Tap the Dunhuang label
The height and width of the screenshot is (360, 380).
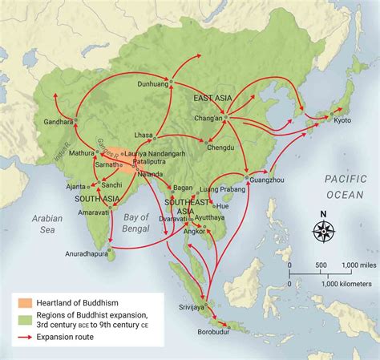[155, 83]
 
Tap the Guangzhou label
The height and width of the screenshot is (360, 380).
[268, 181]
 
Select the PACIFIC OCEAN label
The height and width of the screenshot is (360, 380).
[345, 188]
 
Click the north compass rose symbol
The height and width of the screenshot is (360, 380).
[324, 230]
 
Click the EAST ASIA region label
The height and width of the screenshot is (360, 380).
[212, 98]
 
